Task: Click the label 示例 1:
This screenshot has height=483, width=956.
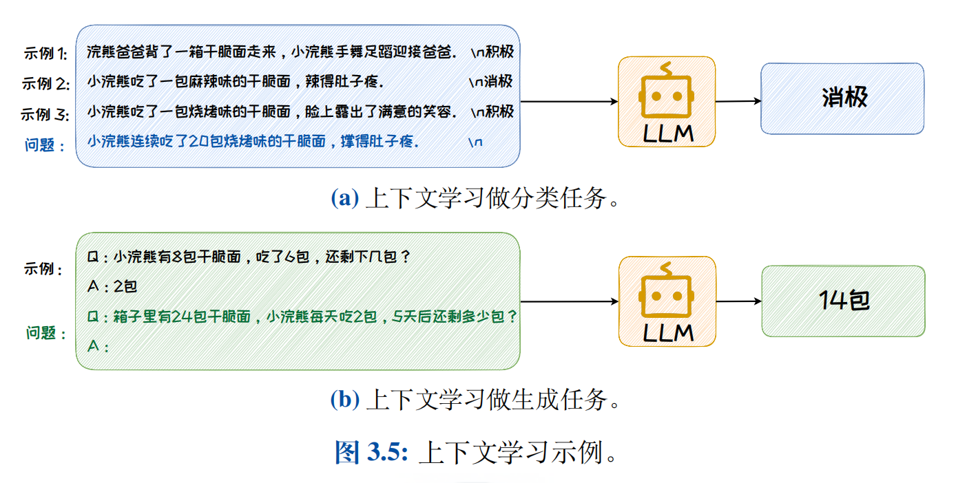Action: click(44, 53)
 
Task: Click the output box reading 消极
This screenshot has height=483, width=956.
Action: click(842, 98)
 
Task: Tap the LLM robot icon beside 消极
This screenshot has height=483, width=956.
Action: click(666, 102)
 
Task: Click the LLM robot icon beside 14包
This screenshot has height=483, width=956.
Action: click(667, 301)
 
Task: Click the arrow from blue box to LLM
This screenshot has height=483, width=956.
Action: click(568, 102)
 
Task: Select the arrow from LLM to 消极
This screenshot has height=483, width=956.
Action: click(738, 101)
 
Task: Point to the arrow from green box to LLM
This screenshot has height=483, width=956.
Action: click(569, 301)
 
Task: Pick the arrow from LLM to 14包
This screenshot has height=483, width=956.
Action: click(738, 301)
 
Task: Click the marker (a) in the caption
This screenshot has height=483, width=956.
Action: click(344, 198)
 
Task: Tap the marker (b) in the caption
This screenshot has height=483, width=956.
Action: click(344, 400)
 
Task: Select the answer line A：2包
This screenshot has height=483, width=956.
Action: click(112, 287)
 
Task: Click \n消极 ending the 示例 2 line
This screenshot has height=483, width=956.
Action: click(490, 82)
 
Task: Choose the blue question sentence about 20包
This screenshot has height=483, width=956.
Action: click(253, 142)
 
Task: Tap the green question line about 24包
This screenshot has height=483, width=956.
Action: click(303, 317)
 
